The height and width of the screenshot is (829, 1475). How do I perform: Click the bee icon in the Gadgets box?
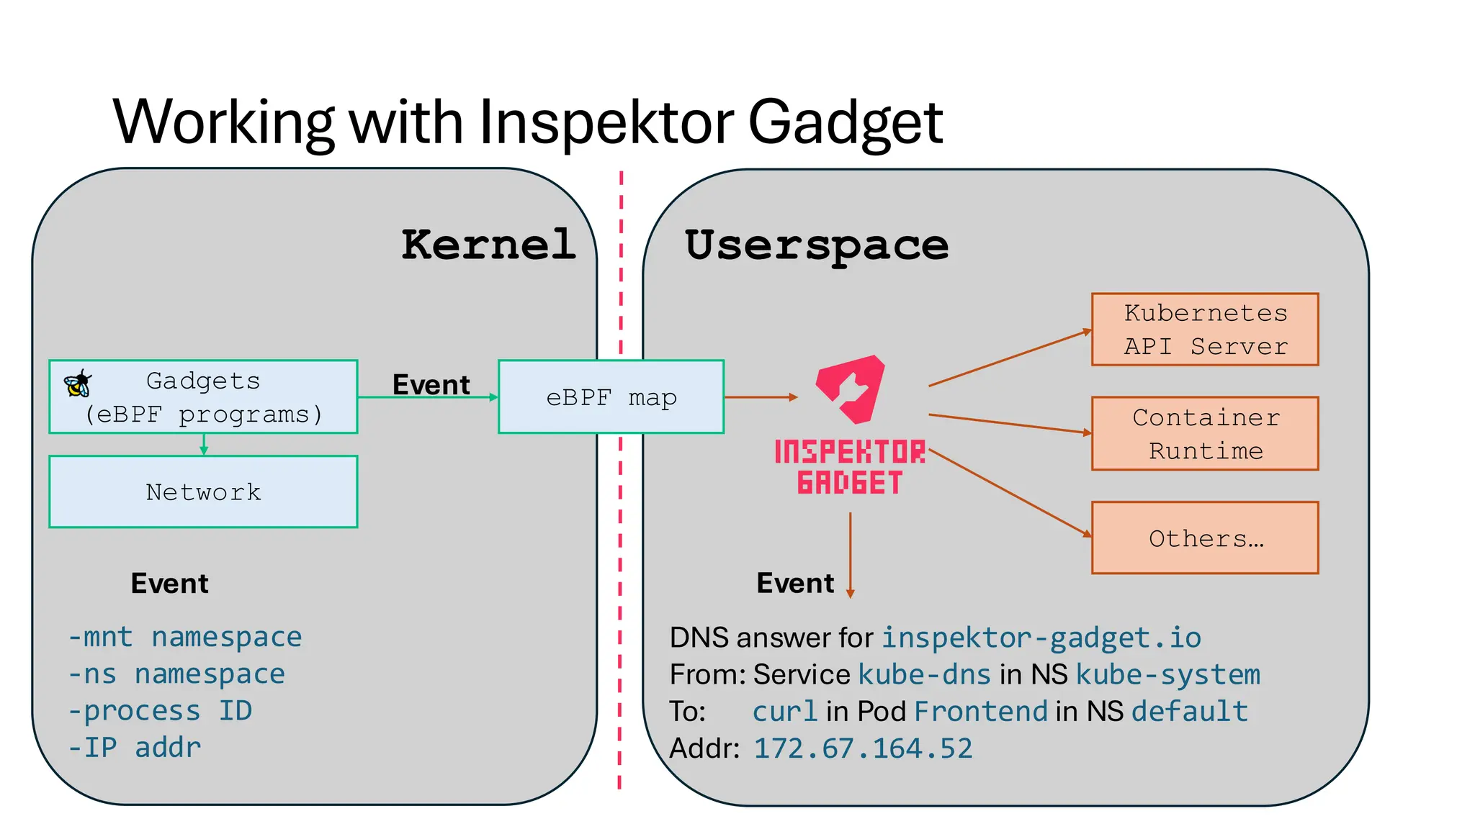[x=78, y=384]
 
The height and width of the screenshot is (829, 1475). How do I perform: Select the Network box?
[x=203, y=491]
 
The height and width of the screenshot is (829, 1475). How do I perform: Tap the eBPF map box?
[x=611, y=397]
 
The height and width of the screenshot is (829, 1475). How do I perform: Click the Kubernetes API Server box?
[x=1205, y=330]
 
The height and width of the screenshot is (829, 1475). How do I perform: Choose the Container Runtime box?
[x=1205, y=433]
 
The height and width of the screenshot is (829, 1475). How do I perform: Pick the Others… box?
[x=1205, y=538]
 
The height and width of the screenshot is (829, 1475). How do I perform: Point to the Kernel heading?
[x=488, y=245]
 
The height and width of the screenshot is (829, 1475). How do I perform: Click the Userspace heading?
[x=816, y=245]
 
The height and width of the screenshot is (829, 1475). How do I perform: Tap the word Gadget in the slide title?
[x=846, y=122]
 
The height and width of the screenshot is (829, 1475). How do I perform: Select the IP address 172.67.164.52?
[x=863, y=748]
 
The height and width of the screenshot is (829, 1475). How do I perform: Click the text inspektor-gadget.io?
[x=1041, y=638]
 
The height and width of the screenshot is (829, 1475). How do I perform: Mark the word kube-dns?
[x=925, y=674]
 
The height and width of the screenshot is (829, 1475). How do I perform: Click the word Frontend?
[x=981, y=711]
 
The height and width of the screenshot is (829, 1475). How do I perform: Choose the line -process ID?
[x=160, y=711]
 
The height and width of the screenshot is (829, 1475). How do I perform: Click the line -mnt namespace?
[x=185, y=638]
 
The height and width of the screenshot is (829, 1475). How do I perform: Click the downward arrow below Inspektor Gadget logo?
[x=851, y=554]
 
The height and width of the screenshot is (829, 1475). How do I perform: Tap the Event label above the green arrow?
[x=431, y=384]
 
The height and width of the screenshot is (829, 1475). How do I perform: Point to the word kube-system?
[x=1167, y=674]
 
